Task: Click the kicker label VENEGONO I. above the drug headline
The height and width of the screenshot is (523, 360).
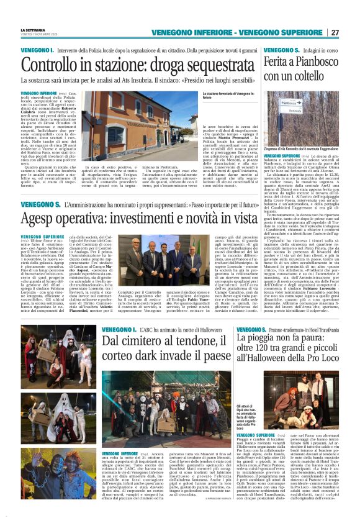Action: coord(35,50)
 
